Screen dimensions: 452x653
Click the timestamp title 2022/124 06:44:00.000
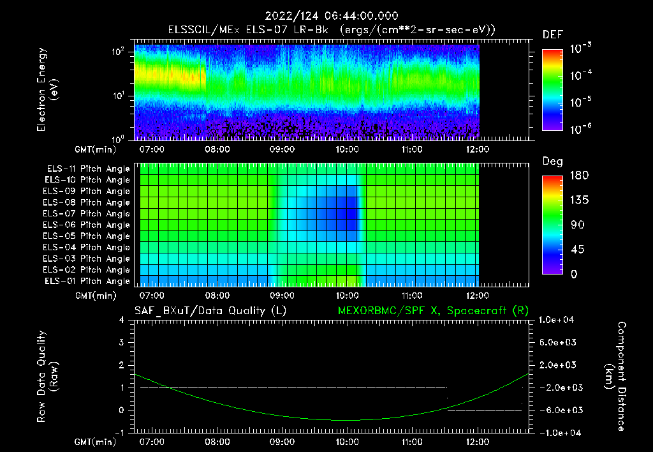tap(326, 16)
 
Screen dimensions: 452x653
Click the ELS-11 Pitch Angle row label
tap(88, 169)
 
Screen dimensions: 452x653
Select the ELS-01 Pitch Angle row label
tap(88, 281)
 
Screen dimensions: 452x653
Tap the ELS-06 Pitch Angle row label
tap(88, 225)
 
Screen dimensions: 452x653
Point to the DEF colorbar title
tap(552, 35)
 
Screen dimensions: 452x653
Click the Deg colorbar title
tap(552, 162)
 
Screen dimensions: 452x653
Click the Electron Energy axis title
tap(47, 91)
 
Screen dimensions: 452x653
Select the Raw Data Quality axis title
tap(47, 377)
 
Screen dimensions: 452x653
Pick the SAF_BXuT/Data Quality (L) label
tap(210, 310)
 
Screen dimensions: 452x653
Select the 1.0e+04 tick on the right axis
tap(559, 320)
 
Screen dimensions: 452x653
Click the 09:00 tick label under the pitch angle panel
tap(282, 296)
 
